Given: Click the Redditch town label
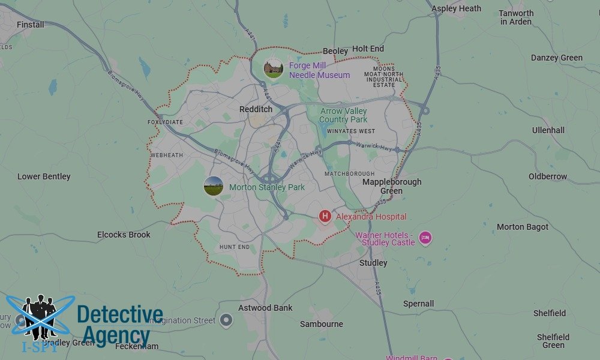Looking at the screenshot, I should point(256,109).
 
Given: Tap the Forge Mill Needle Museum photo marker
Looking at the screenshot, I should point(274,68).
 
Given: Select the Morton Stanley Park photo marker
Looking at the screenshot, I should point(213,186).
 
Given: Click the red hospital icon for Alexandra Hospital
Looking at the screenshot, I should point(325,216).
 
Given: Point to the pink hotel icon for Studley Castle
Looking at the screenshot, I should point(425,238).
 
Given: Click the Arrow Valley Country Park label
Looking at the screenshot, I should point(343,115).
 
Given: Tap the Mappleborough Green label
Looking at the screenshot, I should point(392,186).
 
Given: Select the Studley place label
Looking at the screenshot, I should point(373,263).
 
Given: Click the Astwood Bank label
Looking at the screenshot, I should point(265,308).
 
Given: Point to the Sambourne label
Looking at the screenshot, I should point(322,324).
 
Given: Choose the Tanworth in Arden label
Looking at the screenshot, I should point(516,17).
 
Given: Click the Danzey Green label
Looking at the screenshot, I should point(556,58).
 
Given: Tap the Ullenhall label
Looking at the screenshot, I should point(548,130).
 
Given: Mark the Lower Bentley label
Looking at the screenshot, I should point(44,176).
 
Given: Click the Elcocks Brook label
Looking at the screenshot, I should point(124,235).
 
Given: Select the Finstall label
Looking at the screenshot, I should point(31,25).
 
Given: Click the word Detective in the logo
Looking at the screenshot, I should point(120,314).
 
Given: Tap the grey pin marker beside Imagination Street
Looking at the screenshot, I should point(226,320).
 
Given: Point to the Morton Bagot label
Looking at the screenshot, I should point(523,227).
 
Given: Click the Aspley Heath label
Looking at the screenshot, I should point(456,8).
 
